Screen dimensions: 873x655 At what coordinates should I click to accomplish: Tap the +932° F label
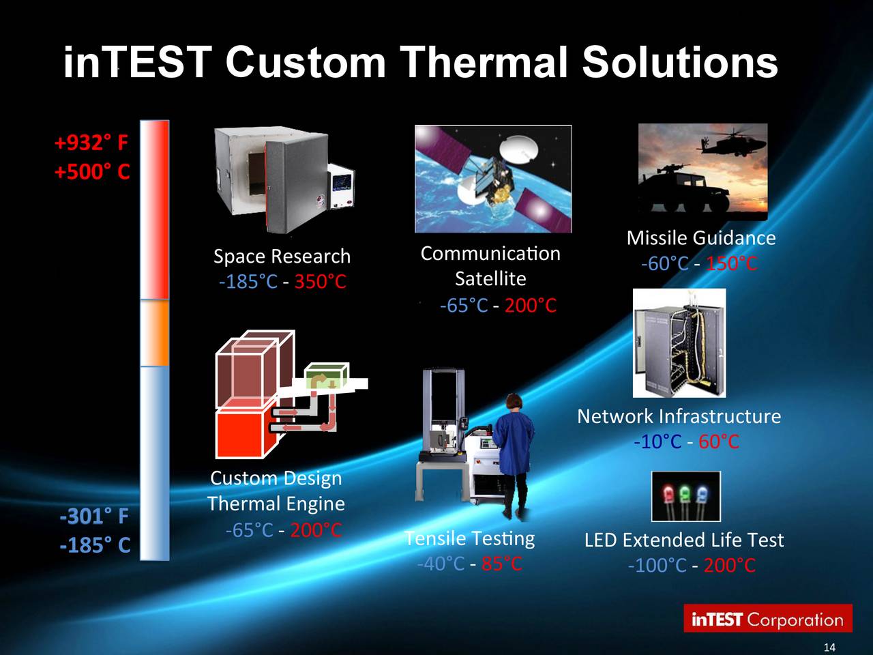coord(91,143)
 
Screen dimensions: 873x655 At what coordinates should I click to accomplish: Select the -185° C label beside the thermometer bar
coord(95,545)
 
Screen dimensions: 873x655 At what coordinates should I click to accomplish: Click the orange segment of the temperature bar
coord(155,333)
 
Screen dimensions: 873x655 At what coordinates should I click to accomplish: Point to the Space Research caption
coord(282,256)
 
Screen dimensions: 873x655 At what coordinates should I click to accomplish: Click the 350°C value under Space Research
coord(320,282)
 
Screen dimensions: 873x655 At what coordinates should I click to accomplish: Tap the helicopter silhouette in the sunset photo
coord(731,144)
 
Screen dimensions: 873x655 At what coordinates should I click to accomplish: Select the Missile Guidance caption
coord(701,238)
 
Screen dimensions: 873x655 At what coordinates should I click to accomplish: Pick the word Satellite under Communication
coord(490,279)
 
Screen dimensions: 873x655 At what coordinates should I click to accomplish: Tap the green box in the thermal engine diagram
coord(327,375)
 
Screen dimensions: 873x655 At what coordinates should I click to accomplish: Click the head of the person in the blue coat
coord(514,402)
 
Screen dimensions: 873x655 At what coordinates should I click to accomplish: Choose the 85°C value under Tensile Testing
coord(501,564)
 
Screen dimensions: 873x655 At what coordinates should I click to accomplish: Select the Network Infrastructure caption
coord(679,416)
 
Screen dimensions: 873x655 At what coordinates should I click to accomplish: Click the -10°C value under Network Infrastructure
coord(657,441)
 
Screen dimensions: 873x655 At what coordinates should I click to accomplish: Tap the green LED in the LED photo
coord(685,495)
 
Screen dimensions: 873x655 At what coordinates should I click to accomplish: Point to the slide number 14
coord(829,647)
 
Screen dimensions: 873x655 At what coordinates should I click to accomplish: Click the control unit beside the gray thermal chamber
coord(341,185)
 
